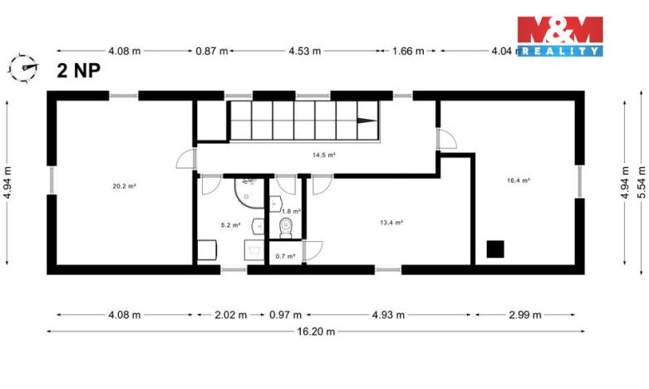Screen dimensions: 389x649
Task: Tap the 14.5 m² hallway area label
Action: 323,155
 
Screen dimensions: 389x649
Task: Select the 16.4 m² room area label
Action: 519,180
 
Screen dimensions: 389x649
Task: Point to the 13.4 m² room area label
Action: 391,222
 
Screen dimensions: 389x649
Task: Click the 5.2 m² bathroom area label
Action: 230,224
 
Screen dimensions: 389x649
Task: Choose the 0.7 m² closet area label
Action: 285,256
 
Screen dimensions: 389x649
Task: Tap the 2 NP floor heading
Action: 80,70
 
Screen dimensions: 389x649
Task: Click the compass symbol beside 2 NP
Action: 25,66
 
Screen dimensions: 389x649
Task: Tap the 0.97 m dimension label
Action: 286,315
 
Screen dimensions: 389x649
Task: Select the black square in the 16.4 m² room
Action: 496,248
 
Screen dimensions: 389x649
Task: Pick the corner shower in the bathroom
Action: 246,191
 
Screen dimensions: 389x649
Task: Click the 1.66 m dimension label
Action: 408,51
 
